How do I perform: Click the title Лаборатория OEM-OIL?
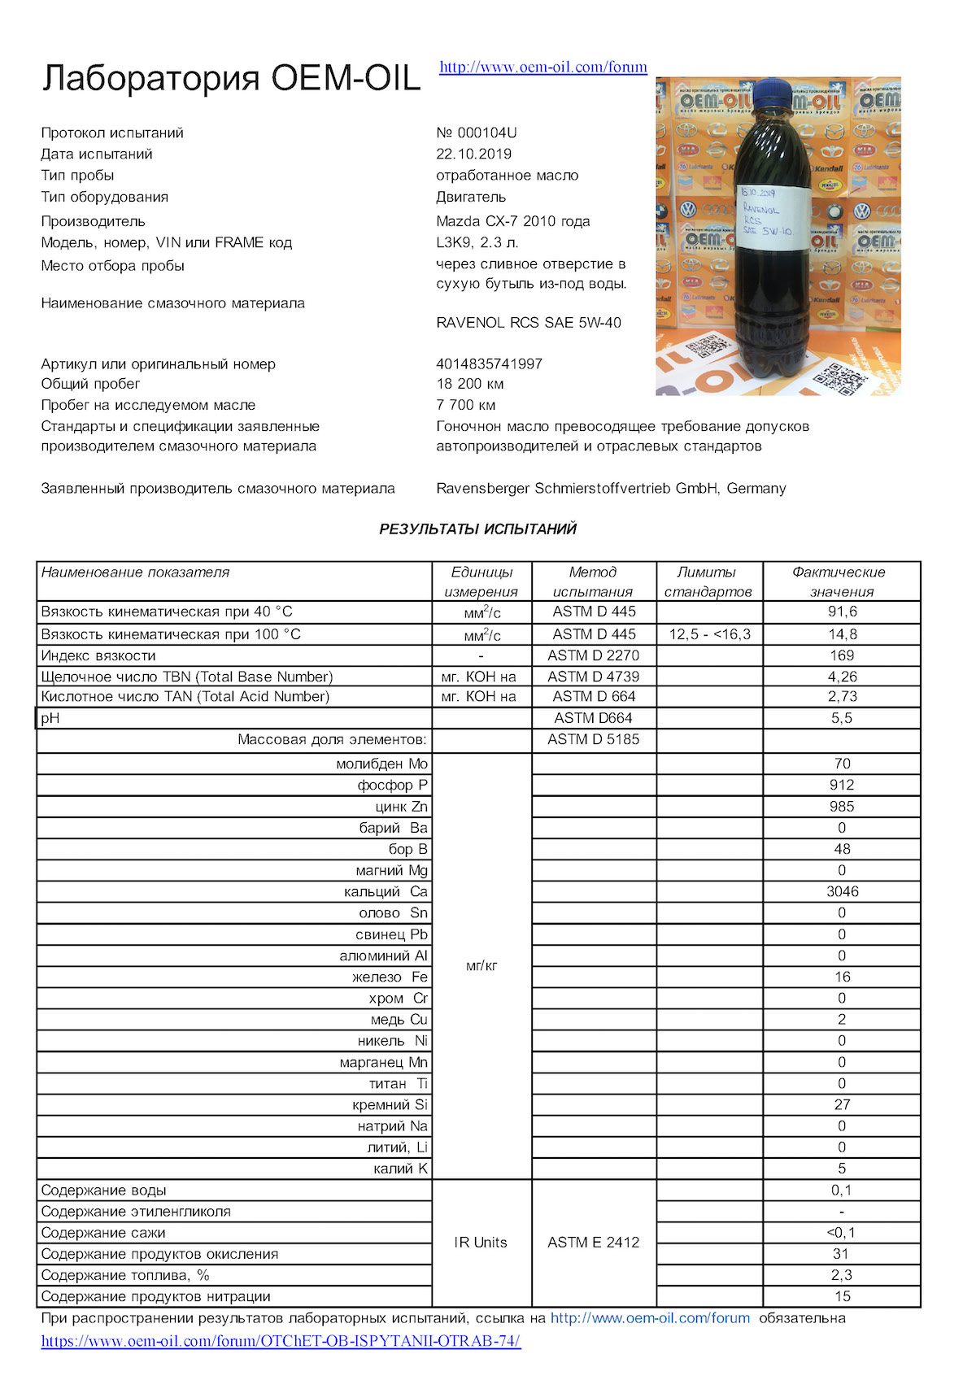(231, 78)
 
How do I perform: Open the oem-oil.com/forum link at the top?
(543, 67)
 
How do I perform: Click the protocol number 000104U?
(477, 133)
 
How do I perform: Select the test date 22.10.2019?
(473, 154)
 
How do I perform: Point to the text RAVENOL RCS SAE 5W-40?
(529, 323)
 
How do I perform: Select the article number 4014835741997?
(489, 364)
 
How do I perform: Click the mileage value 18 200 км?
(470, 384)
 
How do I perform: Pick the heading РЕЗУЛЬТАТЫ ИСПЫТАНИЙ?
(477, 529)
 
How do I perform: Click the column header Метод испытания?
(593, 581)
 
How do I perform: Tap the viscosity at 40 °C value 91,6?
(842, 612)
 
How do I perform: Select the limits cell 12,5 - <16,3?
(709, 634)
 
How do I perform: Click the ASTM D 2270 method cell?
(593, 655)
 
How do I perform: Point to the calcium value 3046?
(842, 891)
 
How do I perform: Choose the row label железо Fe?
(390, 977)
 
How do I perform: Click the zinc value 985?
(842, 807)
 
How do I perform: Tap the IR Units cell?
(481, 1243)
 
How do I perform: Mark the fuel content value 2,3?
(842, 1275)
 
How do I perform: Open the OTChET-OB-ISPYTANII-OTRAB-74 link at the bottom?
(281, 1341)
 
